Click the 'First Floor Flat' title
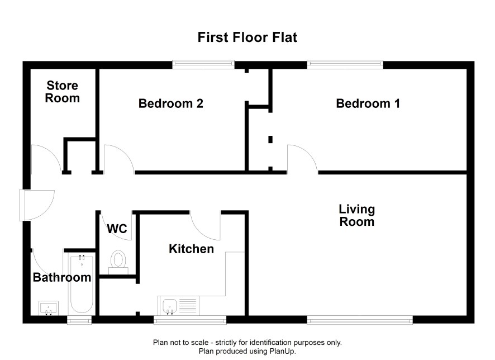(x=247, y=37)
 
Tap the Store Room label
(x=62, y=92)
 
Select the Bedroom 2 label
(x=170, y=103)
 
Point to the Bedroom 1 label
(x=368, y=103)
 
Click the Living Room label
(x=357, y=215)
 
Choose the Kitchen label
(x=191, y=249)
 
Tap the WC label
(x=117, y=229)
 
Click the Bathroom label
(x=62, y=277)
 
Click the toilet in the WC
(x=118, y=262)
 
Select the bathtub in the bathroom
(x=82, y=284)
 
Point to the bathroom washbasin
(x=49, y=308)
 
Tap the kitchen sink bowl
(x=169, y=306)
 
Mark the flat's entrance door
(x=37, y=205)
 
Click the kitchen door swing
(x=205, y=225)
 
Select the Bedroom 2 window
(x=203, y=64)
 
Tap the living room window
(x=360, y=320)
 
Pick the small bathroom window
(x=79, y=320)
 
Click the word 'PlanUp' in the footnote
(x=282, y=351)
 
